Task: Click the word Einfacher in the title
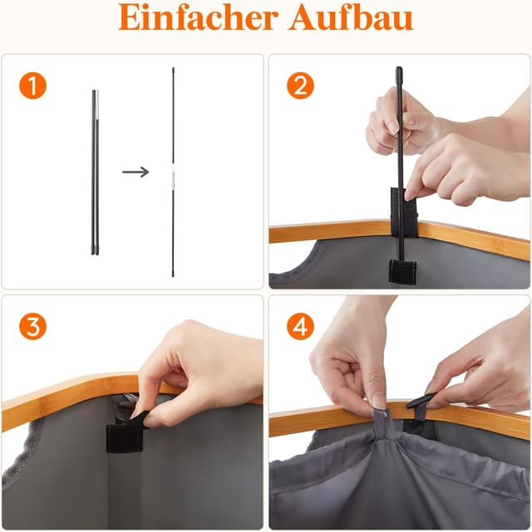(x=198, y=17)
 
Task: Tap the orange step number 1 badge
(x=32, y=86)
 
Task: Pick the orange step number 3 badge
(x=32, y=327)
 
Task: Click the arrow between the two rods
(x=135, y=172)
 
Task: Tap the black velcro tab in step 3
(x=124, y=436)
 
